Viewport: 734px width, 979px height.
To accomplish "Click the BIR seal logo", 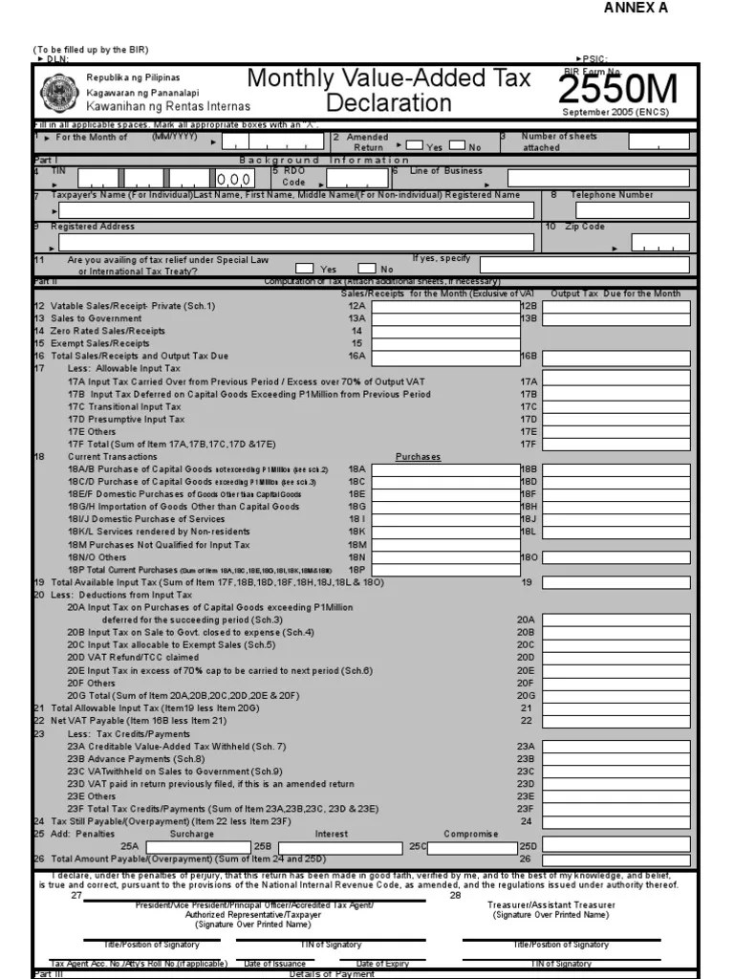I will pyautogui.click(x=59, y=93).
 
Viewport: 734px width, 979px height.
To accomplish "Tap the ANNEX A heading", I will pyautogui.click(x=636, y=9).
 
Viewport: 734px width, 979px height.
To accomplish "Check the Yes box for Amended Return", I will pyautogui.click(x=415, y=145).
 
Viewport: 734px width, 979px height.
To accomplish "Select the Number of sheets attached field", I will pyautogui.click(x=658, y=141).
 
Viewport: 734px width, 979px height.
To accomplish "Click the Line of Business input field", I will pyautogui.click(x=598, y=178).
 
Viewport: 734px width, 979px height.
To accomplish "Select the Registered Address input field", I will pyautogui.click(x=296, y=243).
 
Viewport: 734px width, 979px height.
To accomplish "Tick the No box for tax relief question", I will pyautogui.click(x=367, y=269).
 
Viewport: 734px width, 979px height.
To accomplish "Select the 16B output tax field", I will pyautogui.click(x=615, y=357).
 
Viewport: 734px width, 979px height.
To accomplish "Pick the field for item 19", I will pyautogui.click(x=615, y=582).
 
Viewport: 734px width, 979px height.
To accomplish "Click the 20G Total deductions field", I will pyautogui.click(x=615, y=695).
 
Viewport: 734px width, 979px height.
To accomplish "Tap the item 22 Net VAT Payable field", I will pyautogui.click(x=615, y=721).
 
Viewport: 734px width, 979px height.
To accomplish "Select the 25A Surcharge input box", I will pyautogui.click(x=195, y=847).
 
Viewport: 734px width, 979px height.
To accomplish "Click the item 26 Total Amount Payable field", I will pyautogui.click(x=615, y=859).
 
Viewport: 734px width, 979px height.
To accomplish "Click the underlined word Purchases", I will pyautogui.click(x=419, y=457).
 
